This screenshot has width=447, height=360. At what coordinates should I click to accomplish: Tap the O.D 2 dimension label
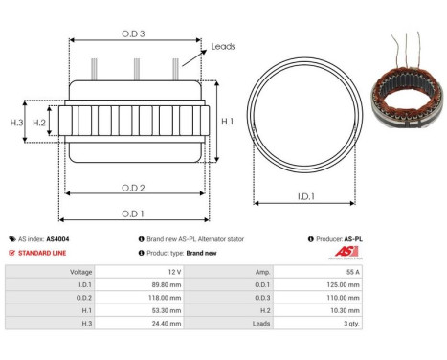point(133,187)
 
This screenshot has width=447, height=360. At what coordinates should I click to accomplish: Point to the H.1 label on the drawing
point(227,121)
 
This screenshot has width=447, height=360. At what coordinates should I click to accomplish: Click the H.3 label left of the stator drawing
point(16,123)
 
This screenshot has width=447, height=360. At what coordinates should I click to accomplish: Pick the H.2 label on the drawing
point(39,123)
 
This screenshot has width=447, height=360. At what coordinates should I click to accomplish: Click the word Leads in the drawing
point(224,46)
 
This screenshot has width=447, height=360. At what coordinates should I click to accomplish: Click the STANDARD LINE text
point(45,253)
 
